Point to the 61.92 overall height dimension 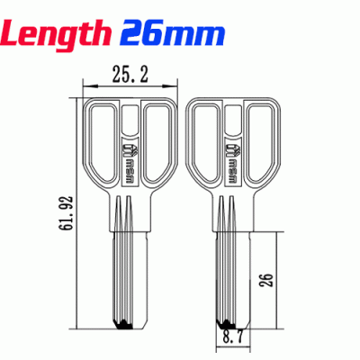tap(63, 215)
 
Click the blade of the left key tap(126, 270)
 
